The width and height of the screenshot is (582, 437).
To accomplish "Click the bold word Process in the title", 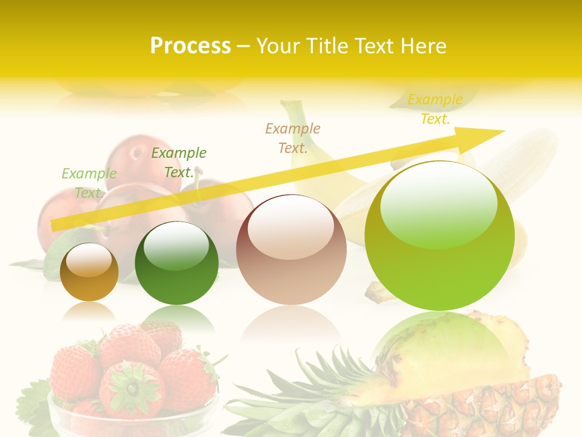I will point(190,46).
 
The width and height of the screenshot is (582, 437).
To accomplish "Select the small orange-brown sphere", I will point(89,273).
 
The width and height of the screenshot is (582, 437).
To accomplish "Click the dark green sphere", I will point(176,264).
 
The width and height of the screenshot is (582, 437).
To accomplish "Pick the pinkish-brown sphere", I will point(291,250).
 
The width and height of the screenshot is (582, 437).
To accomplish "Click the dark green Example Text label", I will point(179,163).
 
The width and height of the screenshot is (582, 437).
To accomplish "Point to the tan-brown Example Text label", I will point(293,138).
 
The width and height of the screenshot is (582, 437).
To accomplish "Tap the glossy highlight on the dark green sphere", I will point(176,246).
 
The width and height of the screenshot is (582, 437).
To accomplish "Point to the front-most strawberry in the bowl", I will point(131,388).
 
